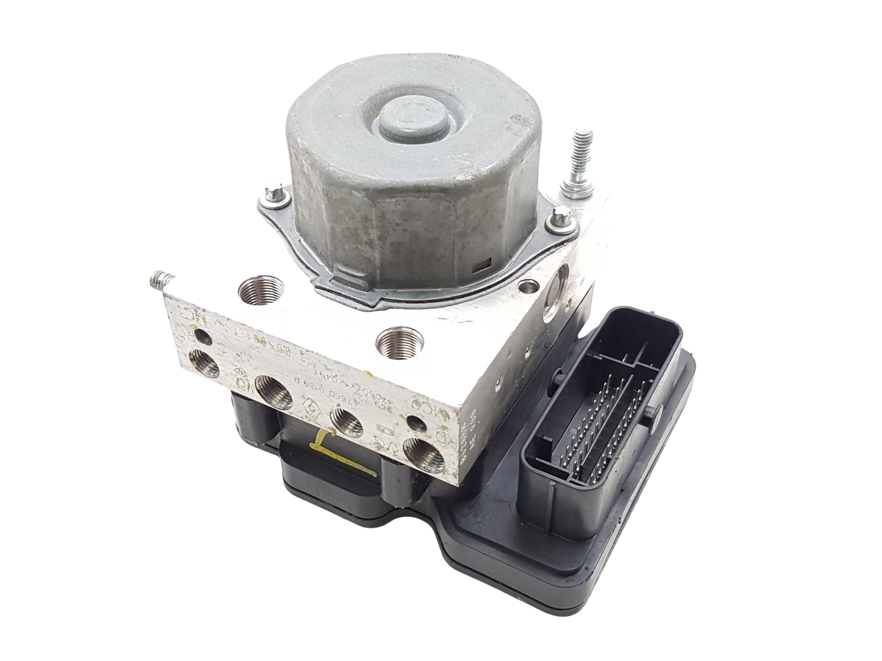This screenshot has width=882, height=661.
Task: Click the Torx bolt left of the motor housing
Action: (x=272, y=193)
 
